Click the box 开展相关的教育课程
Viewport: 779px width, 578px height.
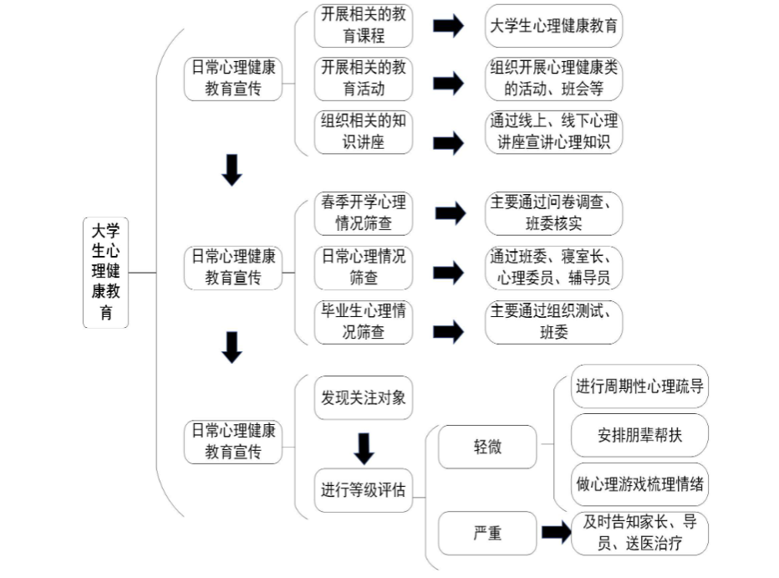[364, 26]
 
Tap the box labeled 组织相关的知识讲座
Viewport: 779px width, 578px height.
[364, 131]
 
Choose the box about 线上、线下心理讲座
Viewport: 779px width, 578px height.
[553, 131]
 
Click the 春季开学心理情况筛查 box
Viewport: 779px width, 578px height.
[364, 213]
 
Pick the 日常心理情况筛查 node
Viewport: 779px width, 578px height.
[364, 267]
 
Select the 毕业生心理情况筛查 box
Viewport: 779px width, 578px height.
[364, 321]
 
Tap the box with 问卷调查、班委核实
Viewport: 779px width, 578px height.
[553, 213]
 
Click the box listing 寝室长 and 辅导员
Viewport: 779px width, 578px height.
[553, 267]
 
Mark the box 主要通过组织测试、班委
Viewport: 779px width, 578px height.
[553, 321]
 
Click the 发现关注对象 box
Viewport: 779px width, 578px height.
[364, 397]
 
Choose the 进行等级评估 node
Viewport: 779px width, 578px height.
[364, 490]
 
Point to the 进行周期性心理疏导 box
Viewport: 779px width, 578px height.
[639, 386]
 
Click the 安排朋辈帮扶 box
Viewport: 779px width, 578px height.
[639, 435]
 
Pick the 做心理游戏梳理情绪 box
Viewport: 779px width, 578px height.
[639, 483]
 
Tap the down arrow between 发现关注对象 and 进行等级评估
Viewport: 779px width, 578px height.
[364, 448]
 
